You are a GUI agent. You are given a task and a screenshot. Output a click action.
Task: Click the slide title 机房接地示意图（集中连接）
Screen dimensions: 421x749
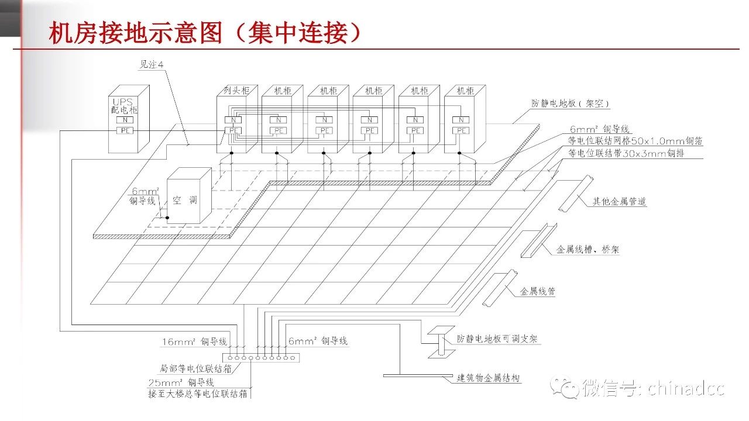coord(205,33)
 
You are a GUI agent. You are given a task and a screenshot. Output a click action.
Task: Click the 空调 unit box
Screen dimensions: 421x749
coord(185,200)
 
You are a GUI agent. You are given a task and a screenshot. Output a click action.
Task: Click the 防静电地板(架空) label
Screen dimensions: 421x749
coord(571,104)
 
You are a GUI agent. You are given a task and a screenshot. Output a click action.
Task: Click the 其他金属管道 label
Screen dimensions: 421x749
coord(620,202)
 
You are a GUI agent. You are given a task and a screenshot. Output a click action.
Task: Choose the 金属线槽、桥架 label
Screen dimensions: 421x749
coord(587,250)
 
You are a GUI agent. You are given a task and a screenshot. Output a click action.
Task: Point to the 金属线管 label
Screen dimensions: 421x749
coord(538,291)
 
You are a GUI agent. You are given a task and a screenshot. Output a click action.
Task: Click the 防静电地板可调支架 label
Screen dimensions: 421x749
coord(498,339)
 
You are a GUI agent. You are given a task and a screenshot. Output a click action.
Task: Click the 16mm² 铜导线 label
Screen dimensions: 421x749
coord(194,341)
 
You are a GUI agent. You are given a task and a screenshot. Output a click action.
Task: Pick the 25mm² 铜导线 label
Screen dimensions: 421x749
coord(181,382)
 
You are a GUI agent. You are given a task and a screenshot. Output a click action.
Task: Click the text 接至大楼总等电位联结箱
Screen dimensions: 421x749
coord(198,394)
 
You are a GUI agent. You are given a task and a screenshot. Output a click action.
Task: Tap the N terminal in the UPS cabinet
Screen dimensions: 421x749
coord(124,120)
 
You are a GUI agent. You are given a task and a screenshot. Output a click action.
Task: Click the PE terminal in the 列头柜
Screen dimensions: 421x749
coord(233,130)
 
